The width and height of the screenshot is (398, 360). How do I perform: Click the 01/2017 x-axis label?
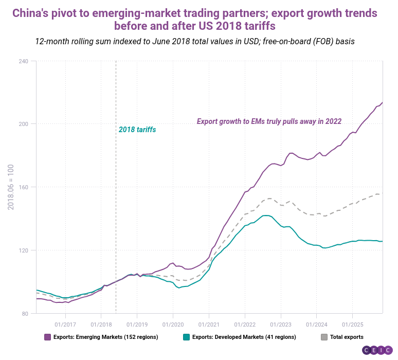[x=65, y=325]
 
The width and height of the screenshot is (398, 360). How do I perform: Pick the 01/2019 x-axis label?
[x=137, y=325]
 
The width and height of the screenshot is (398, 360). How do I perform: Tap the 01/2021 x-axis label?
[x=209, y=325]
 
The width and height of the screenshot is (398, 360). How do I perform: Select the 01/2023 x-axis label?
[x=280, y=325]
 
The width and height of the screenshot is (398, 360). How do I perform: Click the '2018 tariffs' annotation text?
[x=137, y=130]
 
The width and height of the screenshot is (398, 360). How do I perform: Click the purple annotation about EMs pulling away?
[x=269, y=121]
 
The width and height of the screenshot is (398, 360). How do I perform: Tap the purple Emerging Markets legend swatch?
[x=47, y=337]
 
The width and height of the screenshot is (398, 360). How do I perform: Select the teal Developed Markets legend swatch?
[x=186, y=337]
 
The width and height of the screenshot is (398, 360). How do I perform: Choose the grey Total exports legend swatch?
[x=324, y=337]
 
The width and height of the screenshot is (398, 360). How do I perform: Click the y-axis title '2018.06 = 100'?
[x=11, y=187]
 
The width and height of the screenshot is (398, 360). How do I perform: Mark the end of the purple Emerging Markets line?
[x=382, y=102]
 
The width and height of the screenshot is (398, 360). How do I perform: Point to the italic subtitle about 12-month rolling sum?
[x=195, y=41]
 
